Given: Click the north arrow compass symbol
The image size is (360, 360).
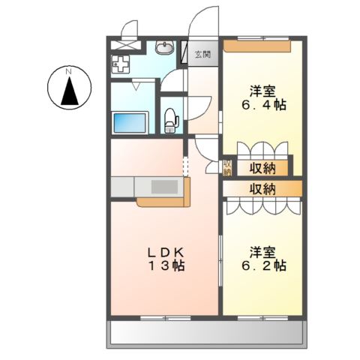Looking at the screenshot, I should point(68,90).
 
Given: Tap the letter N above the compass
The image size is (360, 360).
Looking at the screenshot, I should point(68,71).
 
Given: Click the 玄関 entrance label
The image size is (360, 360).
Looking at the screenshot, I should point(202,54).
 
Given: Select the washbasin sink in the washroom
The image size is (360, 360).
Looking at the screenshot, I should point(163,49).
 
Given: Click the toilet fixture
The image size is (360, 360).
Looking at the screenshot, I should point(172,118).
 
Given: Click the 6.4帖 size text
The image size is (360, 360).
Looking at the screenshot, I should point(262,106).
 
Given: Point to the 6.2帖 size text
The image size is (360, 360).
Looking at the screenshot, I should point(262,265).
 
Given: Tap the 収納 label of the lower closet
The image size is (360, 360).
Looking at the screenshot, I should point(262,187).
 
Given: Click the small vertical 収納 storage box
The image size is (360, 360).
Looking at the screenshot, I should point(226,167).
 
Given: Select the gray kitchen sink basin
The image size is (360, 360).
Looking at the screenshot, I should point(163,185).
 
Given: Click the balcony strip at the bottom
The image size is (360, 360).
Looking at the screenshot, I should point(208,332).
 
